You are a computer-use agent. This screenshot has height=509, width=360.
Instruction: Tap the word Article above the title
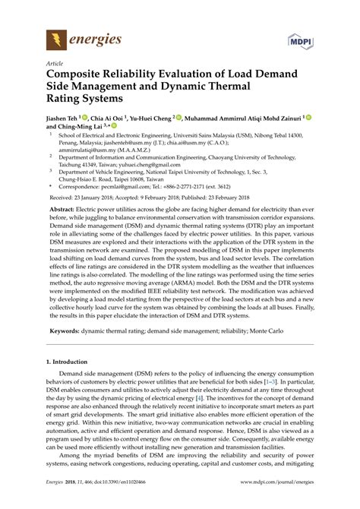coord(55,65)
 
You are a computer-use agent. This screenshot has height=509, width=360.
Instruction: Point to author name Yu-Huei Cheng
coord(153,119)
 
